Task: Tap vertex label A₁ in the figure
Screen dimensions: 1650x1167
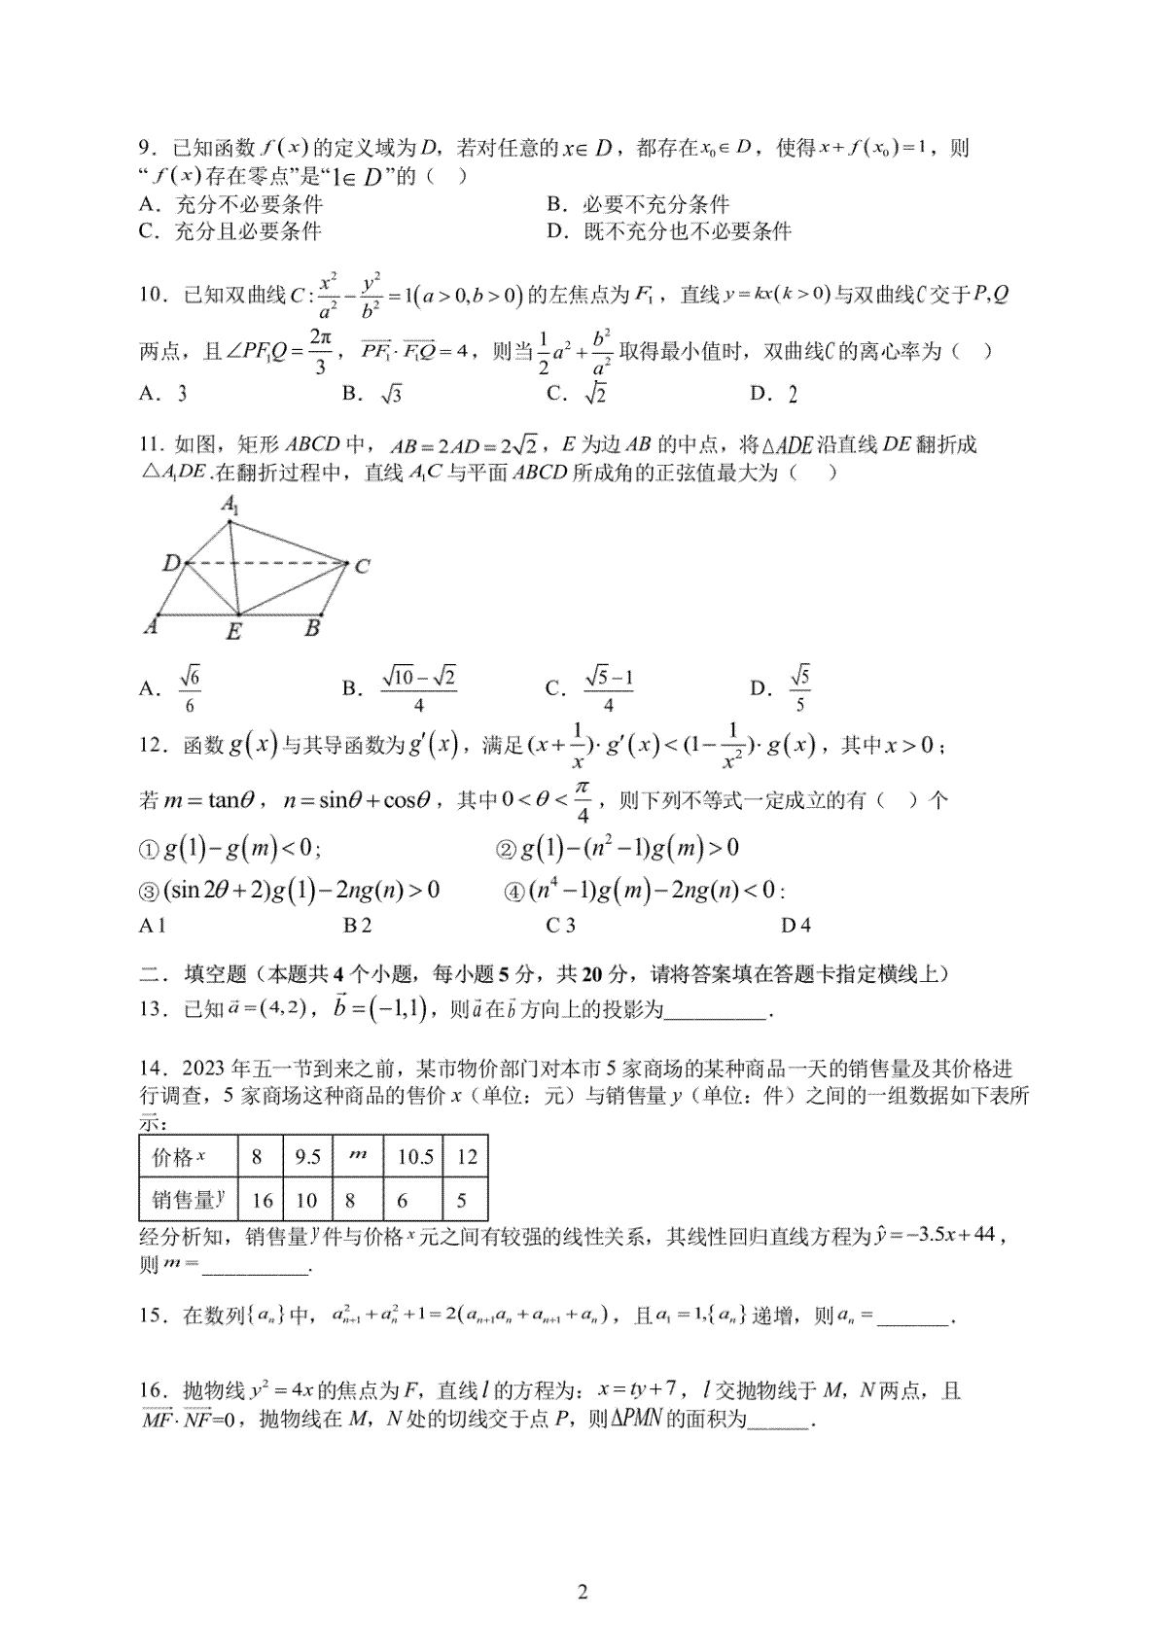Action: [x=230, y=505]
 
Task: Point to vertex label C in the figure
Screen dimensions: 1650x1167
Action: [x=362, y=566]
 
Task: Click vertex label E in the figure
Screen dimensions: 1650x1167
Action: [x=234, y=632]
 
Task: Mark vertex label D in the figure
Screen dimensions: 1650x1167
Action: [x=171, y=562]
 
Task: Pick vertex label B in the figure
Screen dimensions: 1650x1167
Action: [x=312, y=628]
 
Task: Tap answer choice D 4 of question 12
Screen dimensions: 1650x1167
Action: [x=796, y=925]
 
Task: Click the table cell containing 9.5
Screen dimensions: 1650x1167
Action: [x=307, y=1157]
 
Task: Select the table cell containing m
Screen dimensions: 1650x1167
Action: [x=358, y=1155]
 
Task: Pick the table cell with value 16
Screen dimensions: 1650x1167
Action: [x=262, y=1201]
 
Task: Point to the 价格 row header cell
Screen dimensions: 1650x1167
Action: [x=181, y=1157]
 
